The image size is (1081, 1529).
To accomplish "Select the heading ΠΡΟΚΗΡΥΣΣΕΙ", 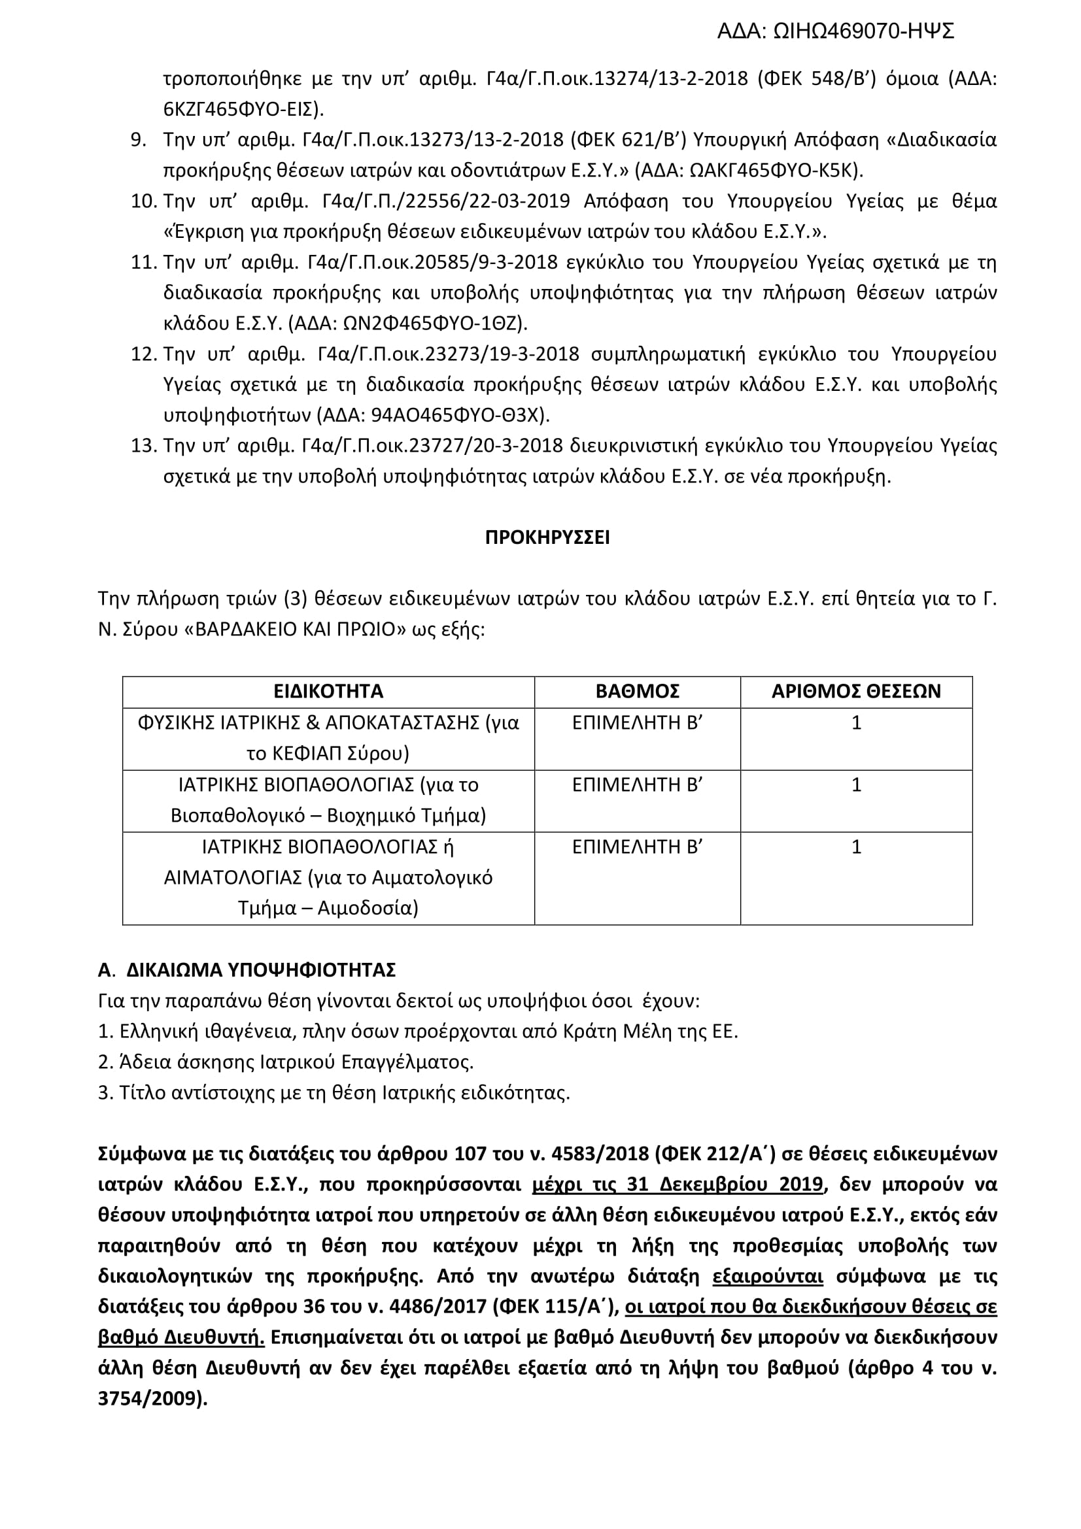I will (x=547, y=537).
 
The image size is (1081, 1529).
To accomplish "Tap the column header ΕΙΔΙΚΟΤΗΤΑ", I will (x=328, y=691).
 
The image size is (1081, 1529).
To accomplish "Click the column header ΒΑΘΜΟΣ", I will (x=638, y=691).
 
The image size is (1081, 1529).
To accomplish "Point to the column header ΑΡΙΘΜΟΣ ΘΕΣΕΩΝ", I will (x=856, y=691).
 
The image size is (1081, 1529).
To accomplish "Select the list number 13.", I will (x=143, y=446).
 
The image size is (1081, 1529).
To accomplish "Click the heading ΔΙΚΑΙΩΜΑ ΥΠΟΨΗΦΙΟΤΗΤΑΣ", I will (x=261, y=970).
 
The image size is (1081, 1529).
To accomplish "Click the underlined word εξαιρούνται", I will (x=767, y=1277).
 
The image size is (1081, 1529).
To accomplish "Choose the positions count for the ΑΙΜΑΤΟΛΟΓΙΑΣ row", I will (x=857, y=847).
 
